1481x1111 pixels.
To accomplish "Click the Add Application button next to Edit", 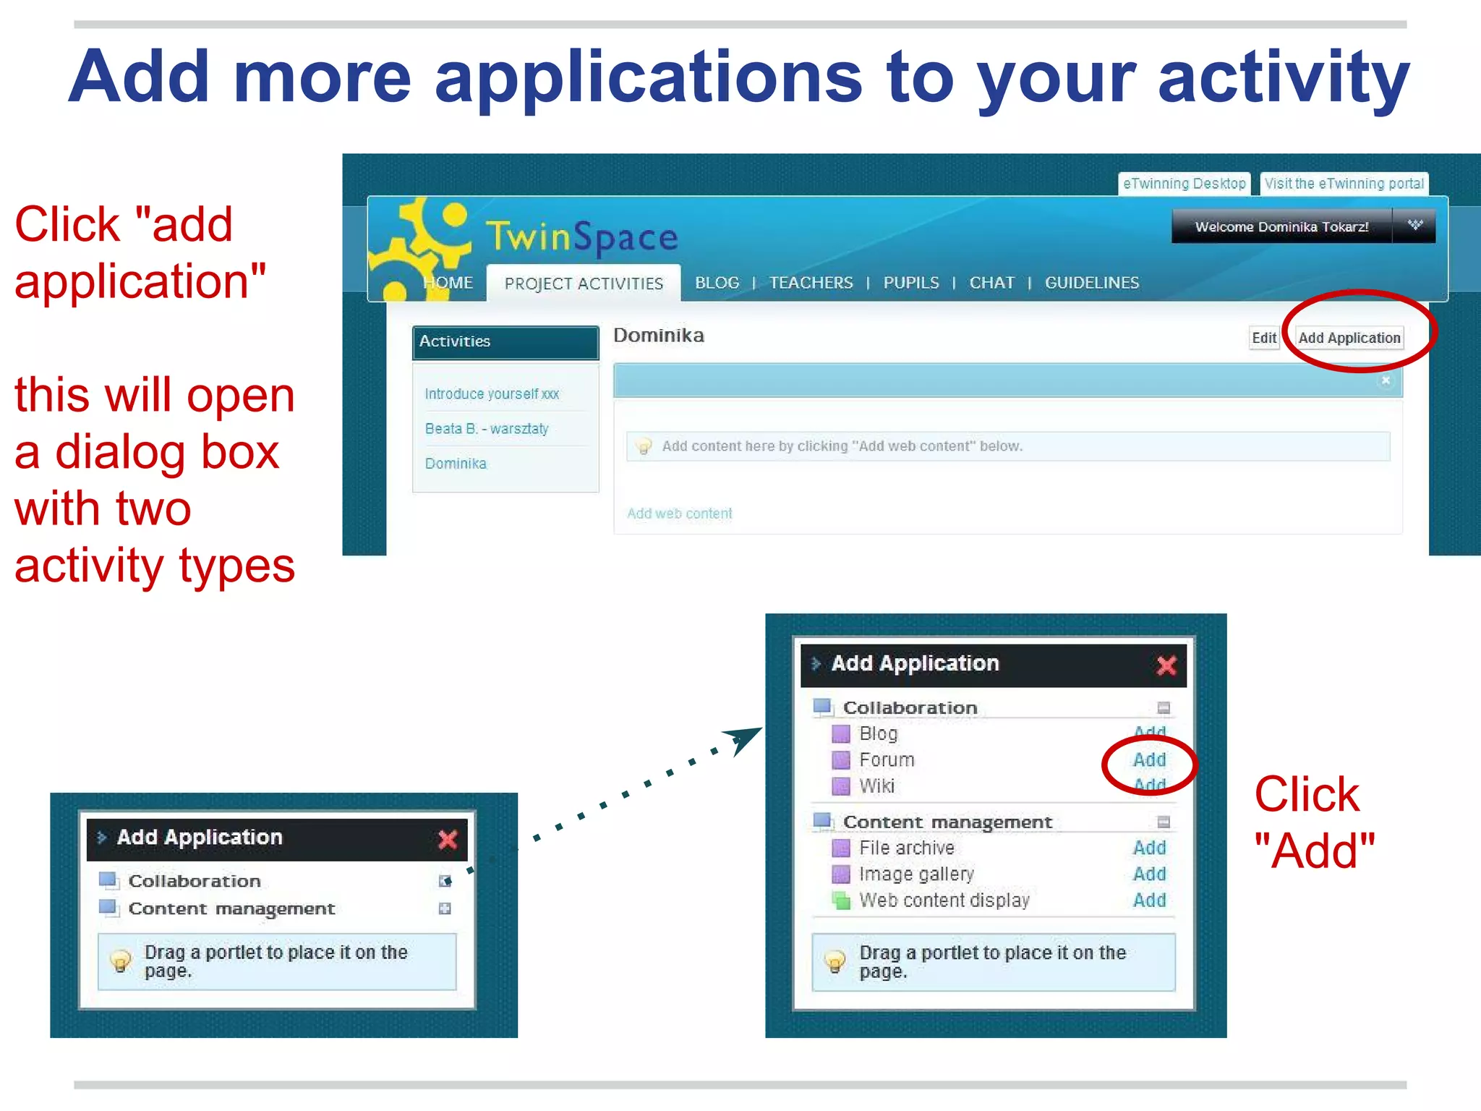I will tap(1349, 338).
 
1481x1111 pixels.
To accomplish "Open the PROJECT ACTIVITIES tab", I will tap(584, 284).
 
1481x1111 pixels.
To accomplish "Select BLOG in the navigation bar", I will tap(717, 283).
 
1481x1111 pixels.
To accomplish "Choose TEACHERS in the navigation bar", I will tap(811, 283).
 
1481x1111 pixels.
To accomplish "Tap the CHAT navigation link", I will tap(991, 283).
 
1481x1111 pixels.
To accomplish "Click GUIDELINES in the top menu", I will tap(1091, 283).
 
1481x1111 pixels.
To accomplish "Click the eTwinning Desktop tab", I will tap(1184, 184).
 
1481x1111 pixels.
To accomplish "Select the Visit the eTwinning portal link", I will tap(1344, 184).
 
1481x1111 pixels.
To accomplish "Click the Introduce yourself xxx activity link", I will tap(492, 394).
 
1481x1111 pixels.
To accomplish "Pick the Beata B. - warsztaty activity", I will tap(487, 429).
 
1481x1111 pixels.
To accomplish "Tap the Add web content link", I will tap(679, 514).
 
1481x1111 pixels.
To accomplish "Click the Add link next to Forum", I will tap(1149, 760).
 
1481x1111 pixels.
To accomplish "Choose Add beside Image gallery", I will tap(1149, 874).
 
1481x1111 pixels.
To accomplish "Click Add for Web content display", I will tap(1149, 901).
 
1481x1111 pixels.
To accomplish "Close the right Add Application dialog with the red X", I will tap(1166, 665).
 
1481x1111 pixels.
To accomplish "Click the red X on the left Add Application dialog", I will tap(448, 840).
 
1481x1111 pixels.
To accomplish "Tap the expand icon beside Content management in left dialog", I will tap(445, 908).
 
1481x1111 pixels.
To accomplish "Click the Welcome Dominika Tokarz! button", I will tap(1281, 227).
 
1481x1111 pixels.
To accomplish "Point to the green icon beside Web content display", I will tap(840, 901).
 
